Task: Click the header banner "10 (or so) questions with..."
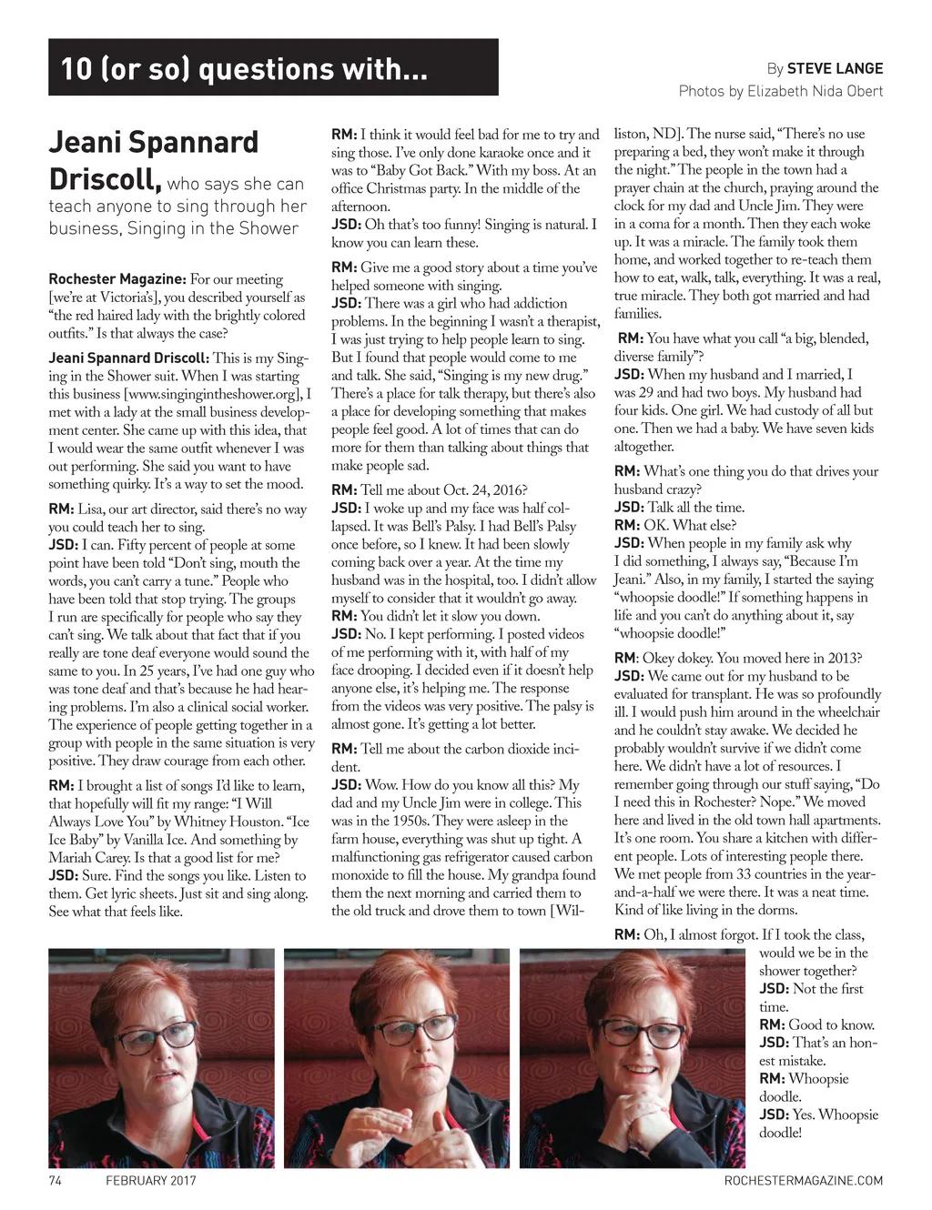click(x=273, y=67)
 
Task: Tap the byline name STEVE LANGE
click(x=835, y=68)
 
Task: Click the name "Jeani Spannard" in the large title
click(x=153, y=143)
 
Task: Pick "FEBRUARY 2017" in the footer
click(x=151, y=1181)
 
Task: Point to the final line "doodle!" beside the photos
click(x=780, y=1133)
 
